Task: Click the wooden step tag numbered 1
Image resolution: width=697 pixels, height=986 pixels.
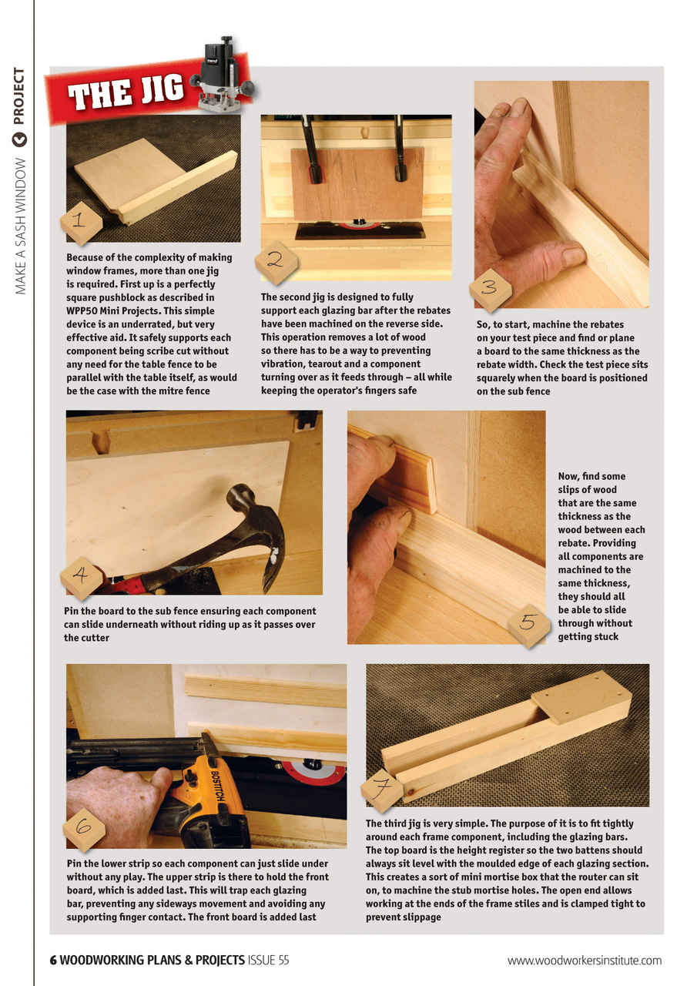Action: coord(81,223)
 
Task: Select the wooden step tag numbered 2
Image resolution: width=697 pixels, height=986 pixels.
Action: coord(276,261)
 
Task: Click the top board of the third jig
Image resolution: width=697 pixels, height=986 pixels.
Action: coord(581,693)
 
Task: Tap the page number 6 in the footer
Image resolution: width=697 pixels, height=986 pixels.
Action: coord(53,960)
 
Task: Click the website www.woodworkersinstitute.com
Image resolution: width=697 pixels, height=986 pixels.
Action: coord(584,960)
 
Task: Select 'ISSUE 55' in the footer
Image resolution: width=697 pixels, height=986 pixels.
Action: coord(268,960)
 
